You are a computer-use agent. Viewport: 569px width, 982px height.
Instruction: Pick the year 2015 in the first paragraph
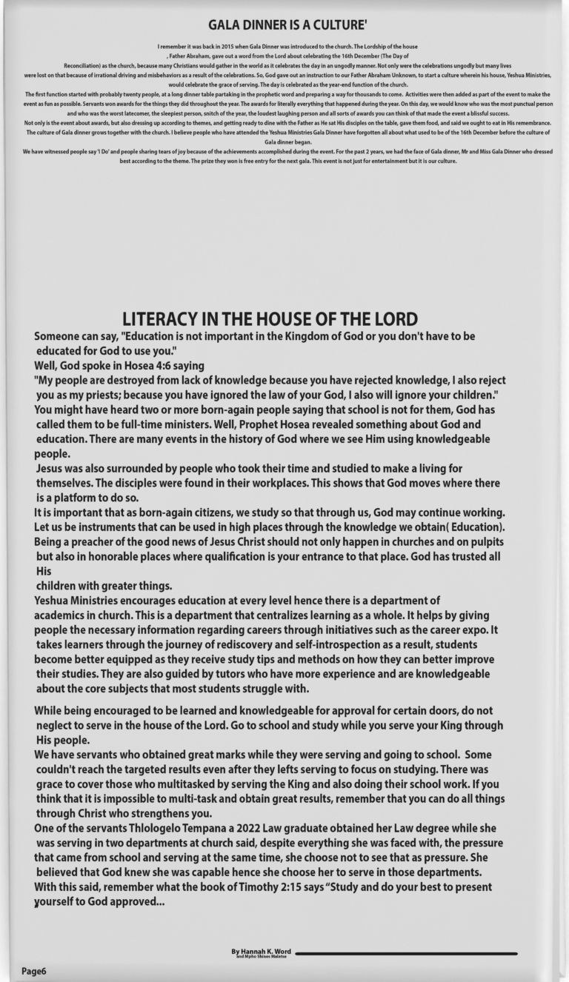[x=226, y=47]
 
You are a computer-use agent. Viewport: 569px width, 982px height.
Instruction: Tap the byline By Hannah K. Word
[x=261, y=952]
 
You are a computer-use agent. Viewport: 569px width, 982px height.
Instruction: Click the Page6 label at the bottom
[x=33, y=971]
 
